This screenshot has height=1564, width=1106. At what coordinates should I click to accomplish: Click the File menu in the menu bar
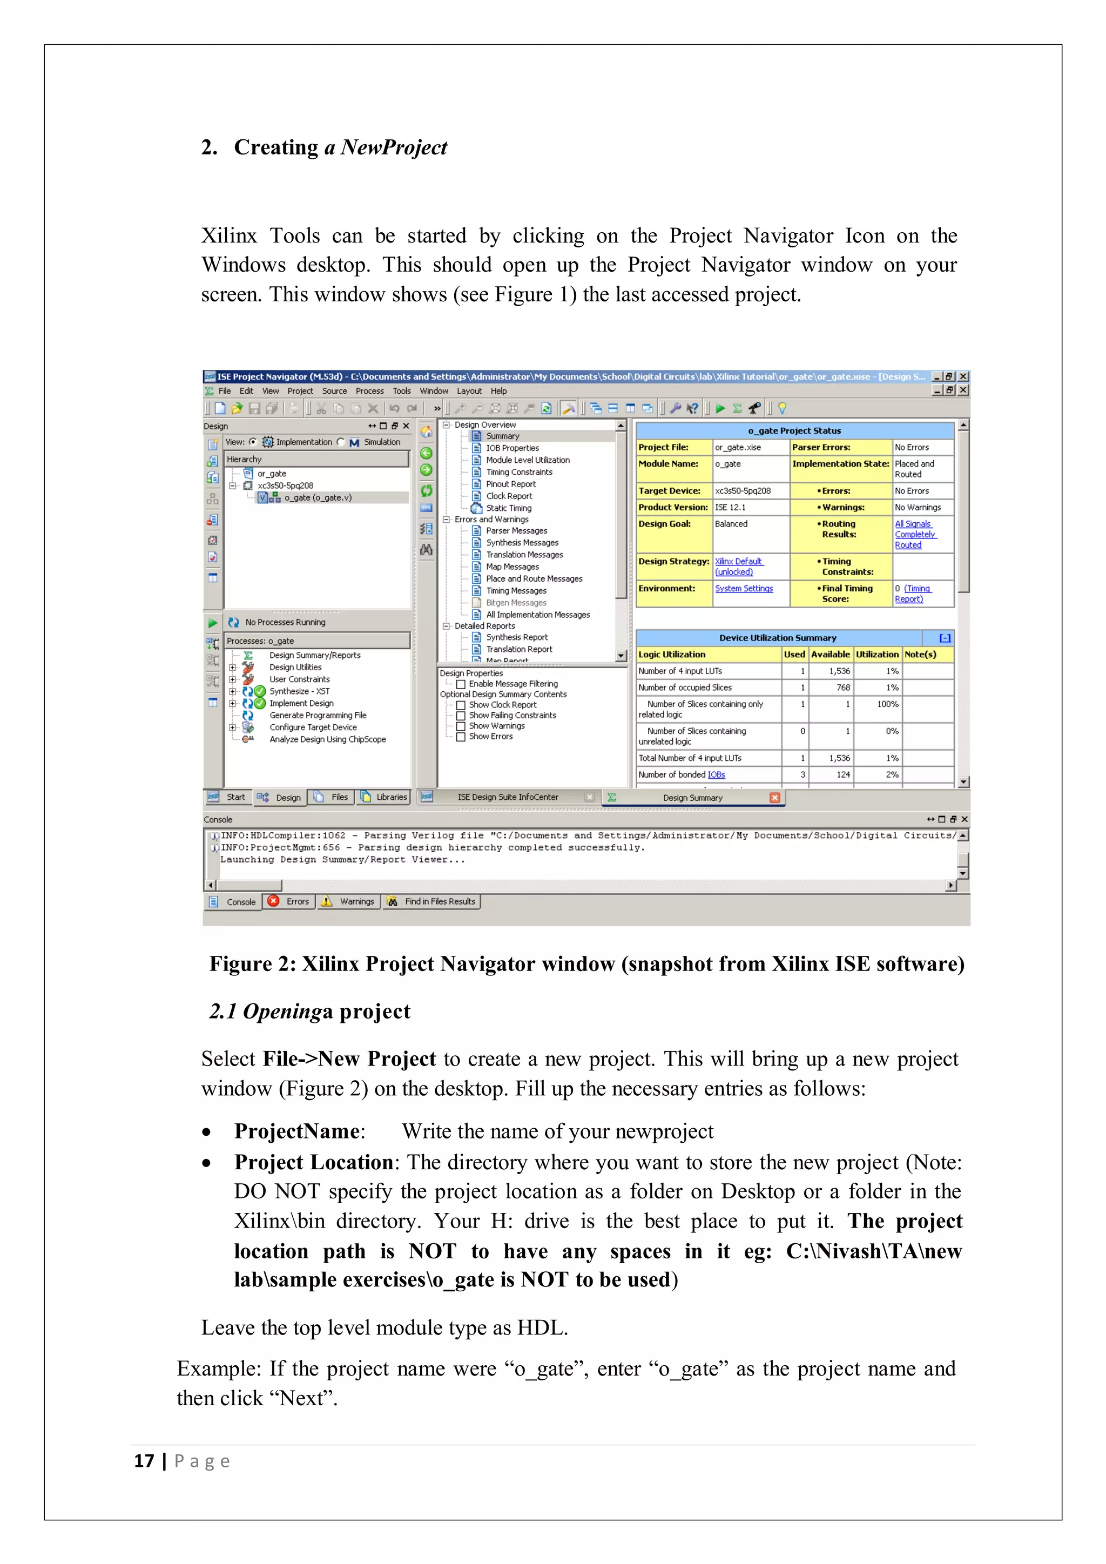coord(225,391)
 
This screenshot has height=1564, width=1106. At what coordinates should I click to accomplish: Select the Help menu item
coord(498,391)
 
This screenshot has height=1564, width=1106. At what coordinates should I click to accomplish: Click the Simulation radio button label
coord(381,442)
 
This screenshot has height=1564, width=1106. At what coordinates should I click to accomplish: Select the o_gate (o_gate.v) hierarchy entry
coord(318,498)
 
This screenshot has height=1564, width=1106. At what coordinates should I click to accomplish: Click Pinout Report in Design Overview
coord(510,484)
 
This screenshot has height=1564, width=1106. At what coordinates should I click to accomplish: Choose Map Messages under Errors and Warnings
coord(512,567)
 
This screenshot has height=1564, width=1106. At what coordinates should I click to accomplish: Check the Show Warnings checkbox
coord(461,726)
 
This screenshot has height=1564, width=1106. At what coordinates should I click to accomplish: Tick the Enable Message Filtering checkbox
coord(461,684)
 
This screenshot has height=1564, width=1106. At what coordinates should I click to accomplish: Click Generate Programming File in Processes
coord(318,715)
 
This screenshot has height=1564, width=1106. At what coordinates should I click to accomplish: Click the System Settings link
coord(744,589)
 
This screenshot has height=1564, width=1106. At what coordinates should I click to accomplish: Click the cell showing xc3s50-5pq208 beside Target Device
coord(743,490)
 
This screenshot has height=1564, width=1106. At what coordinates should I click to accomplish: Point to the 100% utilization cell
coord(887,704)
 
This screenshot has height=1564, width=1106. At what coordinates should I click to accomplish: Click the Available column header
coord(830,654)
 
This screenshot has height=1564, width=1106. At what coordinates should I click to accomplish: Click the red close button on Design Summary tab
coord(775,798)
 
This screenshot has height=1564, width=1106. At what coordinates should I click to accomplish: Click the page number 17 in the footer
coord(144,1461)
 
